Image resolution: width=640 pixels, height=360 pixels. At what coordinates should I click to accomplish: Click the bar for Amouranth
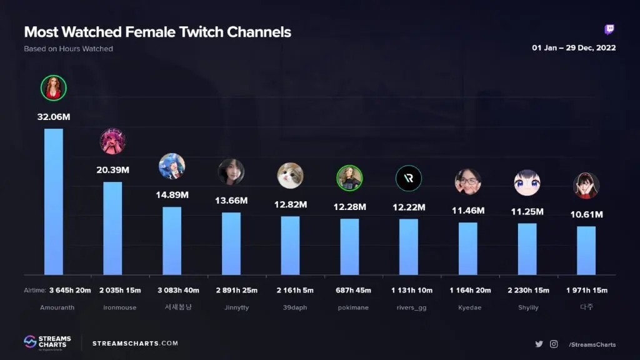[x=53, y=201]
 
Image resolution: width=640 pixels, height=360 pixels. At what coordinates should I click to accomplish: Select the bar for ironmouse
[x=112, y=228]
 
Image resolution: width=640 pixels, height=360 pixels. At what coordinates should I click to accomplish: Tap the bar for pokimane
[x=349, y=246]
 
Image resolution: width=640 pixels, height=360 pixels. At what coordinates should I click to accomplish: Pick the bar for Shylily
[x=527, y=249]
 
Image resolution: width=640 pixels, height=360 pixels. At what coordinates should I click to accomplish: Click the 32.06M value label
[x=53, y=116]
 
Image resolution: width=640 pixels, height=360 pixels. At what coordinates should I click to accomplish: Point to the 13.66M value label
[x=231, y=201]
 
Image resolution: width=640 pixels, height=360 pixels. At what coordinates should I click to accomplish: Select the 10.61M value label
[x=586, y=214]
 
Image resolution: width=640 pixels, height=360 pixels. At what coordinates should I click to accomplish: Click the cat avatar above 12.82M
[x=290, y=176]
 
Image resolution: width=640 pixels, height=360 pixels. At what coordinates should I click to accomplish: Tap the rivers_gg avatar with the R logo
[x=409, y=178]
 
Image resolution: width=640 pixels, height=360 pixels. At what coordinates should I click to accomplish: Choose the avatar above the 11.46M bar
[x=467, y=182]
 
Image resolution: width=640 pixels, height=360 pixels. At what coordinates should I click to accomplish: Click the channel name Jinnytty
[x=231, y=307]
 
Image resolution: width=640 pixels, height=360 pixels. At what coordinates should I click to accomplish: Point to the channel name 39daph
[x=290, y=307]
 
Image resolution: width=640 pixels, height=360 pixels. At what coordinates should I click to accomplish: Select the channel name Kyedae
[x=467, y=307]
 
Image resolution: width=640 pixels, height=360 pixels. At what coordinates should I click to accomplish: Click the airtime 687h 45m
[x=349, y=291]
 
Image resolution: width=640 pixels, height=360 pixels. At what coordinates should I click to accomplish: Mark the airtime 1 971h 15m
[x=586, y=291]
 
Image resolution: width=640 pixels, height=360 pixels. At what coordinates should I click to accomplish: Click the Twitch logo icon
[x=609, y=30]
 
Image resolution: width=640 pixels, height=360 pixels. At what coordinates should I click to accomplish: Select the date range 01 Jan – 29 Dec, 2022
[x=574, y=48]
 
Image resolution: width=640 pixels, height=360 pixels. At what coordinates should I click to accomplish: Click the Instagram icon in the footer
[x=554, y=344]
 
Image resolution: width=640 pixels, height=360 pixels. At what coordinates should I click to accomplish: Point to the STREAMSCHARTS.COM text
[x=135, y=343]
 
